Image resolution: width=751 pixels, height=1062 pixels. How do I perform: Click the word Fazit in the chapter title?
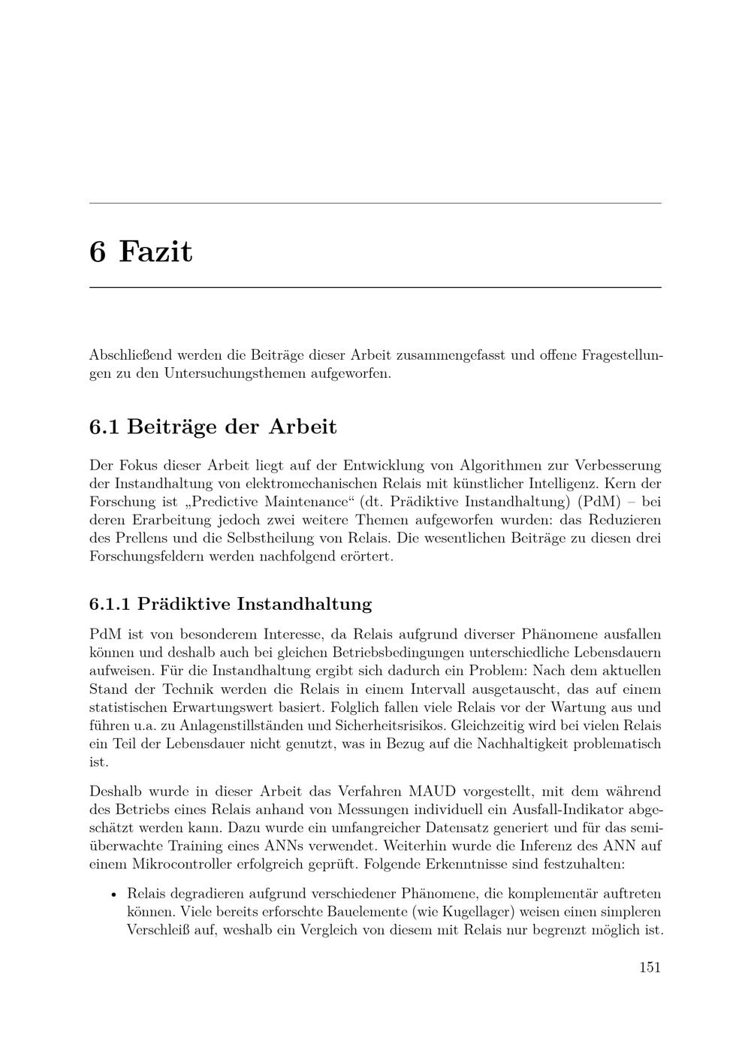155,251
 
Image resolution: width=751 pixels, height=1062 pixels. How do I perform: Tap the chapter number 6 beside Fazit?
98,251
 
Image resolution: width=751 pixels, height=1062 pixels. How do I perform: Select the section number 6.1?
104,427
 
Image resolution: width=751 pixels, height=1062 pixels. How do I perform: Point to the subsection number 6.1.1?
110,604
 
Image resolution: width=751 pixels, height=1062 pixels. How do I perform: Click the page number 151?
650,967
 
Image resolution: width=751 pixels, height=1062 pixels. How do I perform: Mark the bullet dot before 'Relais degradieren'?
113,895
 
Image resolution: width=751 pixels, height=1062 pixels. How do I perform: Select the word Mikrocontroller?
166,864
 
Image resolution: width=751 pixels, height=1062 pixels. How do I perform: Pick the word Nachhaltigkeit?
579,744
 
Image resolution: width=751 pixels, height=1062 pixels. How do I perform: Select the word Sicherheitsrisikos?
384,726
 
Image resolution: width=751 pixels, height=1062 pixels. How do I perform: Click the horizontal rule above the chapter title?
375,204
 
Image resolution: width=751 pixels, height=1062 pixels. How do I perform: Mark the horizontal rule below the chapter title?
375,288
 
